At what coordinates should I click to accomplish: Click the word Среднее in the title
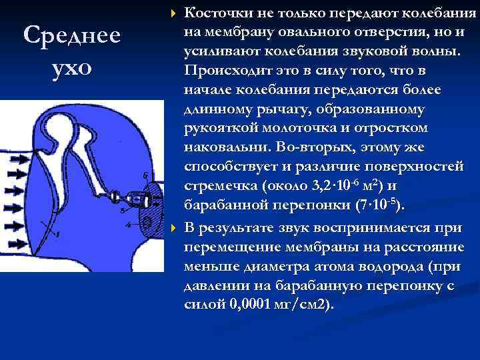coord(71,35)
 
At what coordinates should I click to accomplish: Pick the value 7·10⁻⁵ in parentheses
coord(376,204)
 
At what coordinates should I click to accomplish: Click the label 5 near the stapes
coord(122,209)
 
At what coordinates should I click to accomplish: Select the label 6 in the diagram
coord(145,175)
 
